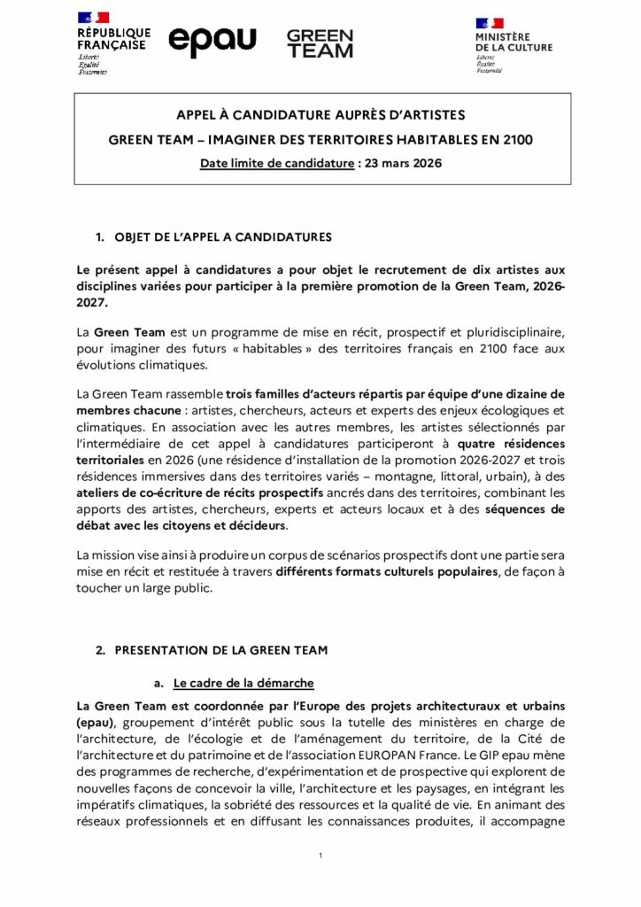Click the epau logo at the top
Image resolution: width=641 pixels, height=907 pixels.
point(212,41)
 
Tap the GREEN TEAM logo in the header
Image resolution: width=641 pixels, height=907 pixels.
point(320,43)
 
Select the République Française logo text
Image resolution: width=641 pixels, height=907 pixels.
point(112,39)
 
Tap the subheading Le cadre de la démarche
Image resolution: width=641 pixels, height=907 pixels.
point(243,683)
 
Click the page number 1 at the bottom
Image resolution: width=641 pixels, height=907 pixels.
point(320,856)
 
